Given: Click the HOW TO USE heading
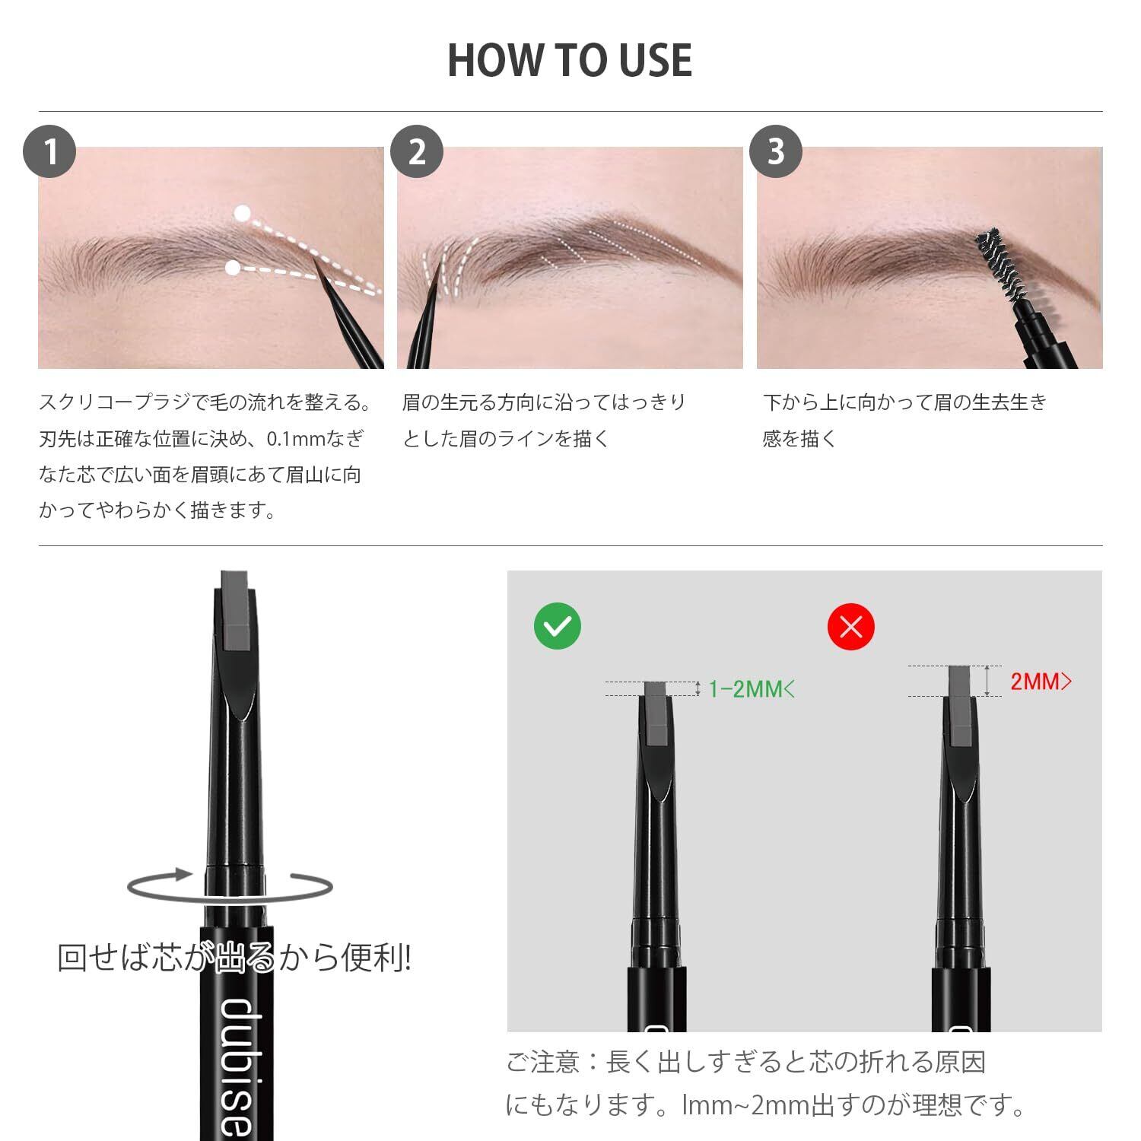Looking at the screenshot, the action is [x=570, y=60].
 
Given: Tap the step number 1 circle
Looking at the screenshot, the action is [x=50, y=151].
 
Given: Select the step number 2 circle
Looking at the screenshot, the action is [x=417, y=151].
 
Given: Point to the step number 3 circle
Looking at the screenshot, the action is [x=776, y=151].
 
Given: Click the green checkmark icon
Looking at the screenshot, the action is [x=558, y=626].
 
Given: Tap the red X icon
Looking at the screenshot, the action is [x=851, y=626].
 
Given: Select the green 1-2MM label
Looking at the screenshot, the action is [x=752, y=689].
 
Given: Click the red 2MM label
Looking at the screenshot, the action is [x=1041, y=682].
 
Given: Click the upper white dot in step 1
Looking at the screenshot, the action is [x=243, y=214].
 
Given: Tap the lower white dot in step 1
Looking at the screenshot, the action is [x=234, y=268].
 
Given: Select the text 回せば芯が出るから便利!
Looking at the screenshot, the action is [x=234, y=958].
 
